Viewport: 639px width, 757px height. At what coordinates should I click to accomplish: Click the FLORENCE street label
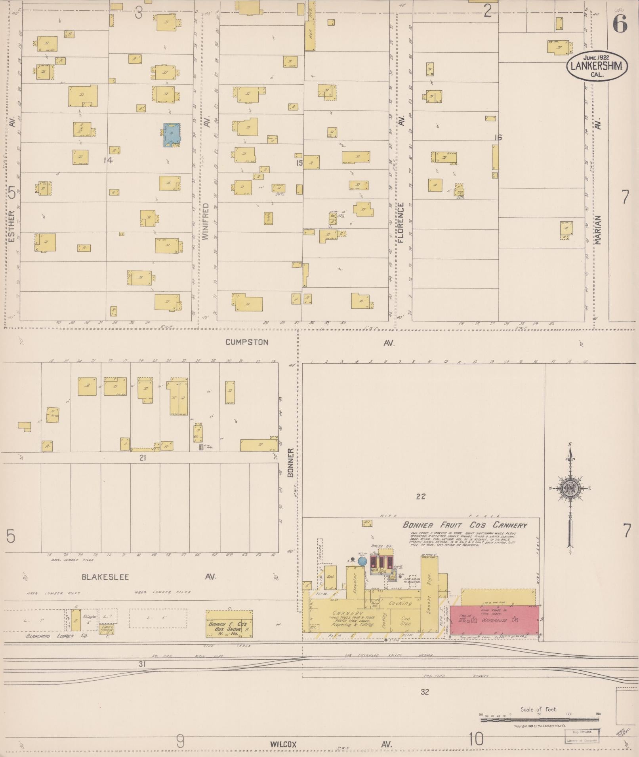tap(401, 222)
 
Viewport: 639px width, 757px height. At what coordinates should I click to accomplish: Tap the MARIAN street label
tap(598, 230)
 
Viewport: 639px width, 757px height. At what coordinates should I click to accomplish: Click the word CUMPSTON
tap(247, 342)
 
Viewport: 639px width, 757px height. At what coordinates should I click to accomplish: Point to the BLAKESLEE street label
tap(105, 577)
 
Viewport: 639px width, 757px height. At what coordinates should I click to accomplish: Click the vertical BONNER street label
tap(290, 463)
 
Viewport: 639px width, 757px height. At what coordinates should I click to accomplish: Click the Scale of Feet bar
tap(540, 715)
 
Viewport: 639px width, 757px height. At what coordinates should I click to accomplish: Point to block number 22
tap(421, 496)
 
